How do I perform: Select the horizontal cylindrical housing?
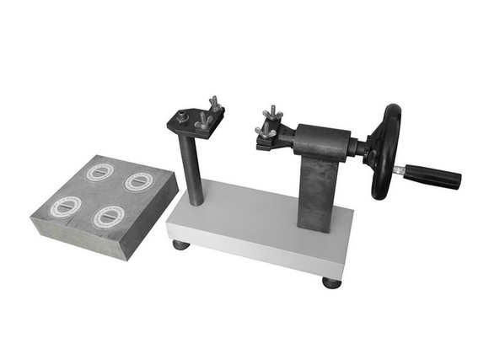click(325, 139)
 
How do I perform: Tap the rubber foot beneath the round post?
click(181, 245)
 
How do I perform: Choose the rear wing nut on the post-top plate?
click(214, 105)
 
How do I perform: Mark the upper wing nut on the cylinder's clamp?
click(271, 114)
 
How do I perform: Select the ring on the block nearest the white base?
click(138, 181)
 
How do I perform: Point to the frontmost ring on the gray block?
click(108, 217)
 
